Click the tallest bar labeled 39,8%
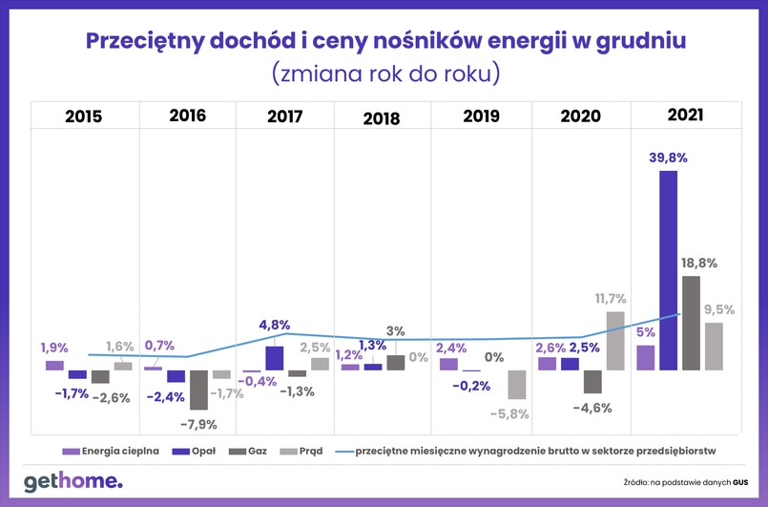(x=668, y=270)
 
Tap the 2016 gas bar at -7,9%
(x=198, y=390)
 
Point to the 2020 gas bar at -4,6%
(x=592, y=382)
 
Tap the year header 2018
(x=381, y=118)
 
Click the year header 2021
(x=685, y=116)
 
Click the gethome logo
(x=73, y=481)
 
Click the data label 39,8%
(x=668, y=157)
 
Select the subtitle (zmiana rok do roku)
(x=384, y=74)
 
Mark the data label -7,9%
(x=199, y=424)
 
